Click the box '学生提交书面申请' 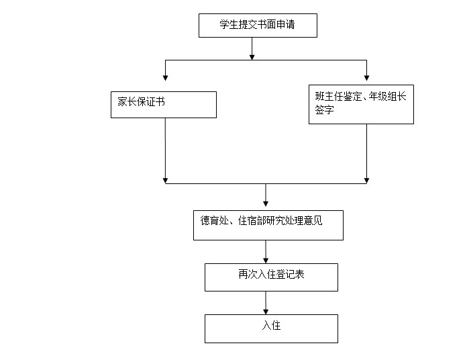[x=258, y=26]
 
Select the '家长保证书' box [x=164, y=105]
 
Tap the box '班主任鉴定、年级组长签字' [x=361, y=104]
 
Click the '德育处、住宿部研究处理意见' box [x=268, y=225]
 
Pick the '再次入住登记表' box [x=271, y=277]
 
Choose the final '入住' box [x=271, y=328]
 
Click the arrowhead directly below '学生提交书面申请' [x=252, y=57]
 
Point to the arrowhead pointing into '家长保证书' [x=166, y=78]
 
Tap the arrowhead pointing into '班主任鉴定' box [x=367, y=78]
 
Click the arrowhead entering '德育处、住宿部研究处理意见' [x=266, y=204]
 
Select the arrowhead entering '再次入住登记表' [x=266, y=261]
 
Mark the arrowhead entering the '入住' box [x=266, y=312]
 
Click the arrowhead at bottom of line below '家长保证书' [x=166, y=181]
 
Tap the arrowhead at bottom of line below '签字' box [x=367, y=181]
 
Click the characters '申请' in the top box [x=286, y=24]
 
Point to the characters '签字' [x=325, y=109]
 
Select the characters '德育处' [x=215, y=220]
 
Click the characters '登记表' [x=291, y=274]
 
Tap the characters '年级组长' [x=387, y=96]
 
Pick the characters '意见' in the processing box [x=313, y=220]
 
